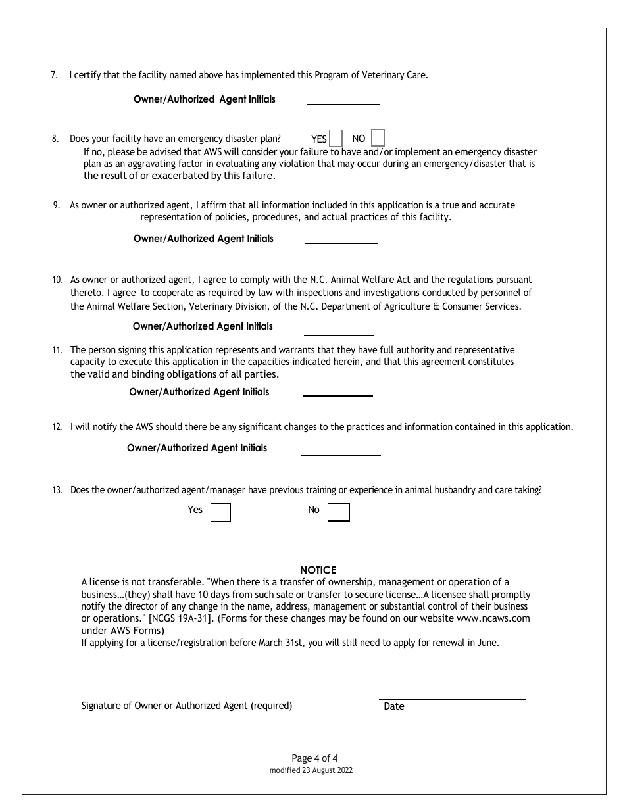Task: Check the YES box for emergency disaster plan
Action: [x=336, y=138]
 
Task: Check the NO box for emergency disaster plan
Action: [x=378, y=138]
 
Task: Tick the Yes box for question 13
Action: [x=220, y=512]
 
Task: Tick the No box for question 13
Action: [x=338, y=512]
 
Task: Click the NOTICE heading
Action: [x=318, y=570]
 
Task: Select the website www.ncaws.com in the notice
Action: [x=493, y=618]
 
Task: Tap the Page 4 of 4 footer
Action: [x=314, y=758]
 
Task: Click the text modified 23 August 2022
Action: [x=311, y=770]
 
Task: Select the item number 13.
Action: [x=57, y=490]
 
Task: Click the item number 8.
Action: [x=55, y=139]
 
